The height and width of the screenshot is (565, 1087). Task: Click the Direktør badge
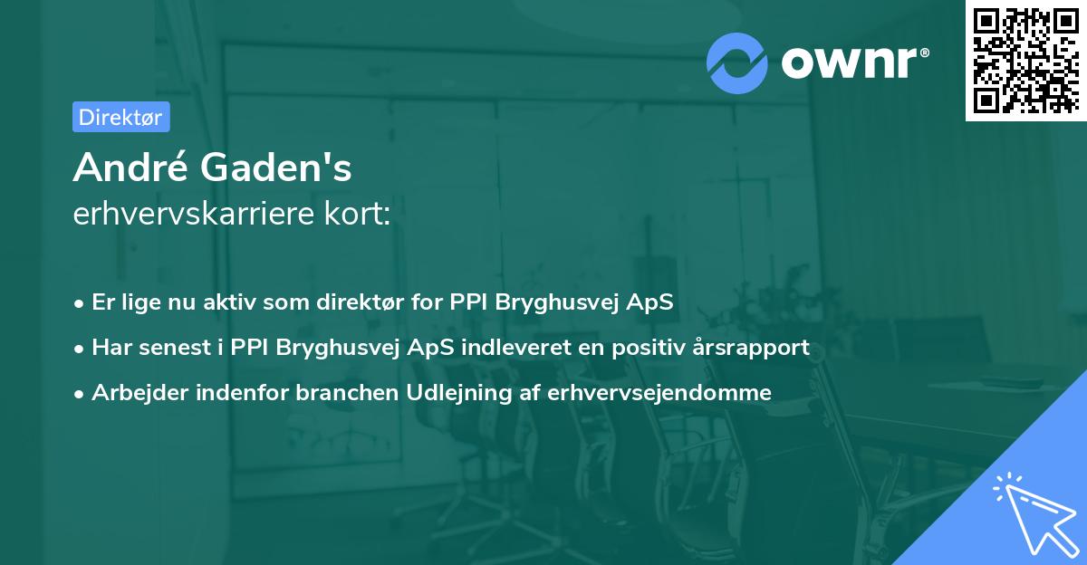click(120, 117)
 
